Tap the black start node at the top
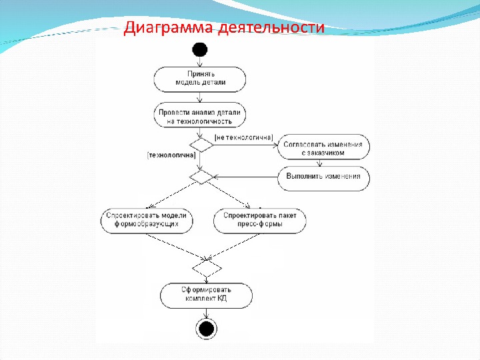200,50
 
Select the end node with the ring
206,328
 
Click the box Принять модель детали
200,79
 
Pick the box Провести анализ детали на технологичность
200,116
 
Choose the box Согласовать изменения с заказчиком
323,148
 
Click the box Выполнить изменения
323,177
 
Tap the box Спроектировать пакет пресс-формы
260,221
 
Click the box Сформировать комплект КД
206,294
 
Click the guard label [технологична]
171,155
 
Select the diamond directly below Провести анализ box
201,144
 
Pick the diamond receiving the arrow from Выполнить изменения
201,177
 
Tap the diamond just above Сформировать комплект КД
206,268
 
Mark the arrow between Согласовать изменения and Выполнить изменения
323,162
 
